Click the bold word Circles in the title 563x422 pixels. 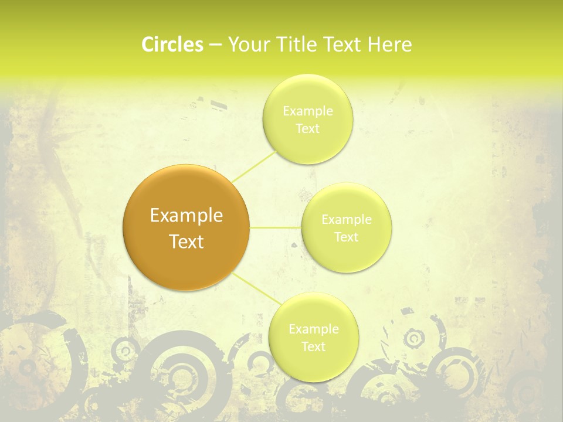pyautogui.click(x=172, y=45)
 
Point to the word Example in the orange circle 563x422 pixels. pyautogui.click(x=186, y=216)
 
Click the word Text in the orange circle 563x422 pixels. pyautogui.click(x=186, y=241)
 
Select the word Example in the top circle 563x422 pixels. pyautogui.click(x=307, y=111)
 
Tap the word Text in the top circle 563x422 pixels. pyautogui.click(x=307, y=128)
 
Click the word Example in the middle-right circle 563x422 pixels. pyautogui.click(x=347, y=219)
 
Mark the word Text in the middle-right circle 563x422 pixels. pyautogui.click(x=347, y=237)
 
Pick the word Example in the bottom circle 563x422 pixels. pyautogui.click(x=313, y=329)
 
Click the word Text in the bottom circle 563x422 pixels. pyautogui.click(x=313, y=346)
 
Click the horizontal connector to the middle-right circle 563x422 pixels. pyautogui.click(x=276, y=227)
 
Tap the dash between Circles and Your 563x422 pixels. pyautogui.click(x=215, y=45)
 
